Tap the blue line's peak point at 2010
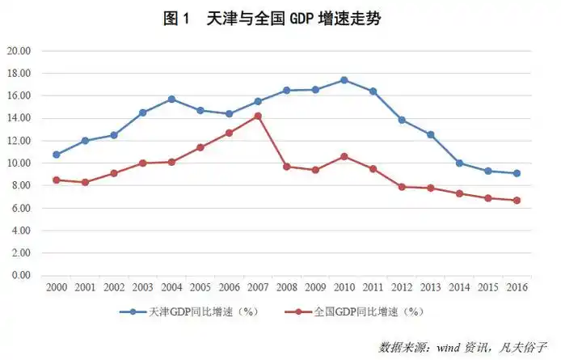(x=344, y=80)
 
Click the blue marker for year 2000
(x=57, y=155)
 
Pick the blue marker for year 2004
(x=171, y=99)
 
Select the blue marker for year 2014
(x=459, y=163)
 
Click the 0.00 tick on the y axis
(x=20, y=275)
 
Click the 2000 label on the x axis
(x=57, y=287)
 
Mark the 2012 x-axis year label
(x=402, y=287)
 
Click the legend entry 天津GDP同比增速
(x=183, y=311)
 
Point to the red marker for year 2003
(x=142, y=163)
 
